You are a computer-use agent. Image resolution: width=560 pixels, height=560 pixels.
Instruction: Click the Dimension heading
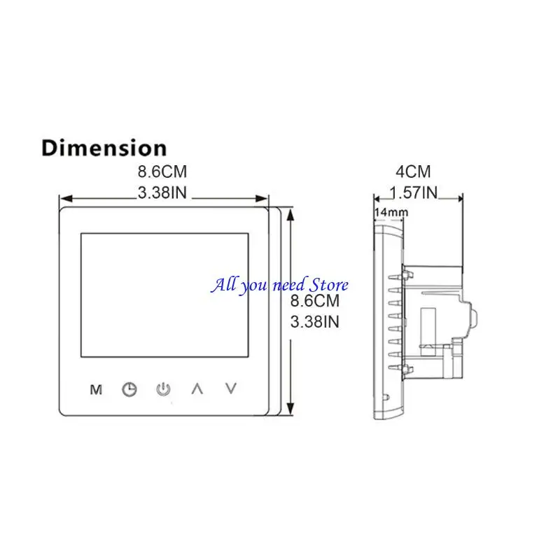point(104,148)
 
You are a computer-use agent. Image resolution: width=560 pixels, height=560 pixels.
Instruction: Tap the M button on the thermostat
point(96,390)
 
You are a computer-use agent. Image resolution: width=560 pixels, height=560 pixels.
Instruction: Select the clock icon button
point(129,389)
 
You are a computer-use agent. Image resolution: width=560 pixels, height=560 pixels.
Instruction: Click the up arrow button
point(197,388)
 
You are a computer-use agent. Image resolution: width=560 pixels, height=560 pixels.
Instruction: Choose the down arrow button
point(231,388)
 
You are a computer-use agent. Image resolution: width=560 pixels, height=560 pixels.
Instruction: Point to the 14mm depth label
point(391,212)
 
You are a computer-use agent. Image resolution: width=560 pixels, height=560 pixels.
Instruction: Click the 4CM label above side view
point(413,171)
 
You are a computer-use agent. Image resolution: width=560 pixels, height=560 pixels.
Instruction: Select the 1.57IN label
point(413,193)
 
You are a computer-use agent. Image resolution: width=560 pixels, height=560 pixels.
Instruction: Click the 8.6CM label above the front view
point(162,171)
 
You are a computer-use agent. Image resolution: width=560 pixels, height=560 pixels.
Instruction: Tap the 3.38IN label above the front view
point(162,193)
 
